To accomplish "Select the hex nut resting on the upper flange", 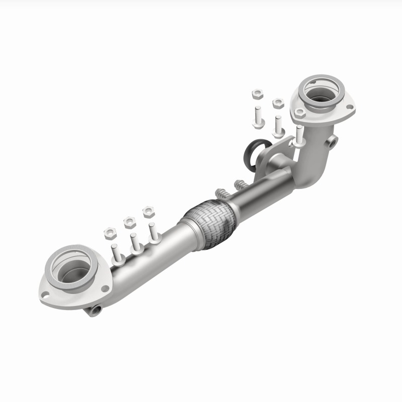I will pyautogui.click(x=300, y=113).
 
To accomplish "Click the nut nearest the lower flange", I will pyautogui.click(x=111, y=233).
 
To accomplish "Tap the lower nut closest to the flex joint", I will pyautogui.click(x=148, y=211).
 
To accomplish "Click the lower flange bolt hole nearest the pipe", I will pyautogui.click(x=105, y=288).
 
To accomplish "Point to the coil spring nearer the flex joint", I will pyautogui.click(x=221, y=193).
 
